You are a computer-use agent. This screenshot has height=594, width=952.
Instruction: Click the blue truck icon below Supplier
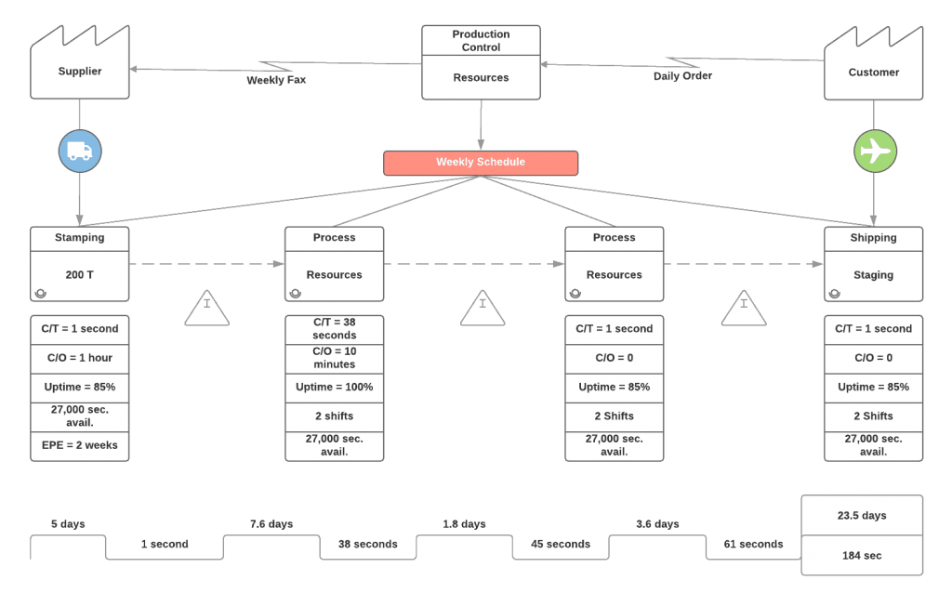pyautogui.click(x=80, y=151)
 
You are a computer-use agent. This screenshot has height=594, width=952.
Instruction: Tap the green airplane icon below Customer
pyautogui.click(x=875, y=151)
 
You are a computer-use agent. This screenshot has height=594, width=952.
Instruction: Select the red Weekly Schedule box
pyautogui.click(x=481, y=163)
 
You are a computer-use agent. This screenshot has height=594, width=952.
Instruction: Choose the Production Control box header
pyautogui.click(x=481, y=41)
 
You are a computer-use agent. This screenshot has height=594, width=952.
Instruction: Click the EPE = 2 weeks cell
pyautogui.click(x=80, y=445)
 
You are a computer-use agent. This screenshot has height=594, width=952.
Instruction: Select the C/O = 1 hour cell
pyautogui.click(x=80, y=358)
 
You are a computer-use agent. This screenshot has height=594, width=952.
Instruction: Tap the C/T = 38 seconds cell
pyautogui.click(x=335, y=329)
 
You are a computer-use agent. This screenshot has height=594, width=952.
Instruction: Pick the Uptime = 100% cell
pyautogui.click(x=335, y=387)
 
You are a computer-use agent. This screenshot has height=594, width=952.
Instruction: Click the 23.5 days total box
pyautogui.click(x=862, y=515)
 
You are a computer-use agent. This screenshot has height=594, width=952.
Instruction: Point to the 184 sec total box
pyautogui.click(x=862, y=555)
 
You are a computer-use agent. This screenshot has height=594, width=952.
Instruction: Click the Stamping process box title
pyautogui.click(x=80, y=238)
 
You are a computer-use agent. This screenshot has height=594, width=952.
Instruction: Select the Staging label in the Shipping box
pyautogui.click(x=874, y=275)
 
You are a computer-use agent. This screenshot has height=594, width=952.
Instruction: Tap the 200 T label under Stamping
pyautogui.click(x=80, y=275)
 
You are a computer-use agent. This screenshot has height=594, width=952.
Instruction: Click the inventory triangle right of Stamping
pyautogui.click(x=206, y=310)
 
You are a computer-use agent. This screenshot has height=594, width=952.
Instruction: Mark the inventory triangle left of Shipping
pyautogui.click(x=744, y=310)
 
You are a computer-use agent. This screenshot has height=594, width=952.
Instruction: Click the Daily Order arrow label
pyautogui.click(x=682, y=76)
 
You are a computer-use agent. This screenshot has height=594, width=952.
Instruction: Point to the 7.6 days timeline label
pyautogui.click(x=271, y=524)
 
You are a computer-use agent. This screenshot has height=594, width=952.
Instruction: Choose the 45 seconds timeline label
pyautogui.click(x=561, y=544)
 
